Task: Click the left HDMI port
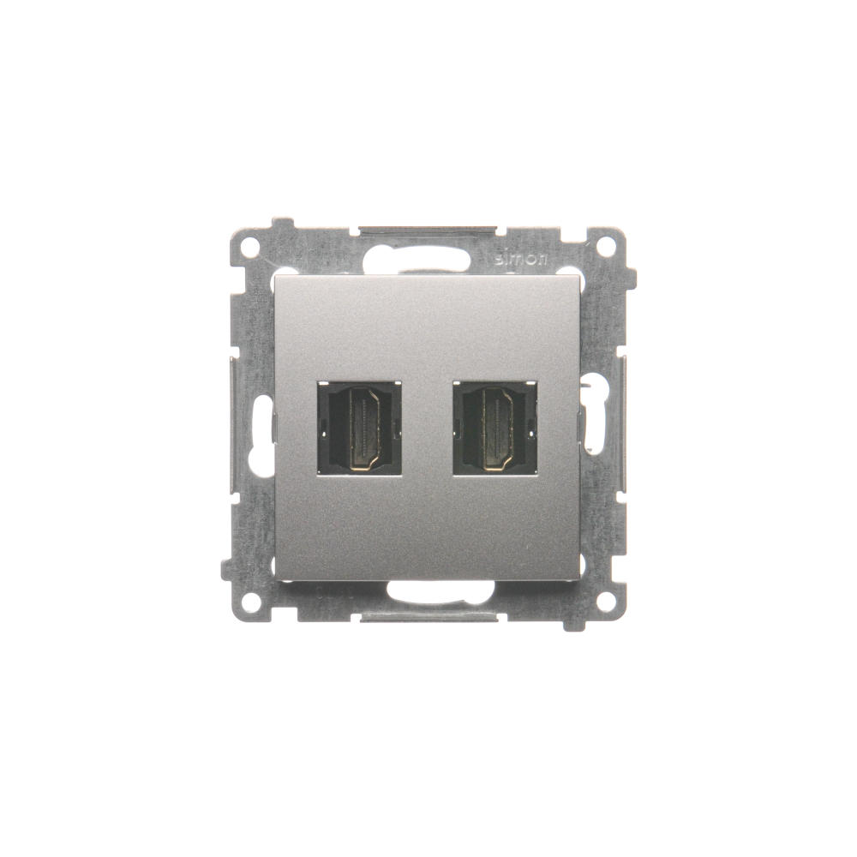tap(359, 428)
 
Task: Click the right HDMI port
tap(494, 428)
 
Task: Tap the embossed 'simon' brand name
tap(521, 260)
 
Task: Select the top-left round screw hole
tap(251, 245)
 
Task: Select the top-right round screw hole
tap(605, 245)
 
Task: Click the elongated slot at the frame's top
tap(420, 258)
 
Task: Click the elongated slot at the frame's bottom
tap(440, 592)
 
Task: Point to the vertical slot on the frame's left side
tap(262, 432)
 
